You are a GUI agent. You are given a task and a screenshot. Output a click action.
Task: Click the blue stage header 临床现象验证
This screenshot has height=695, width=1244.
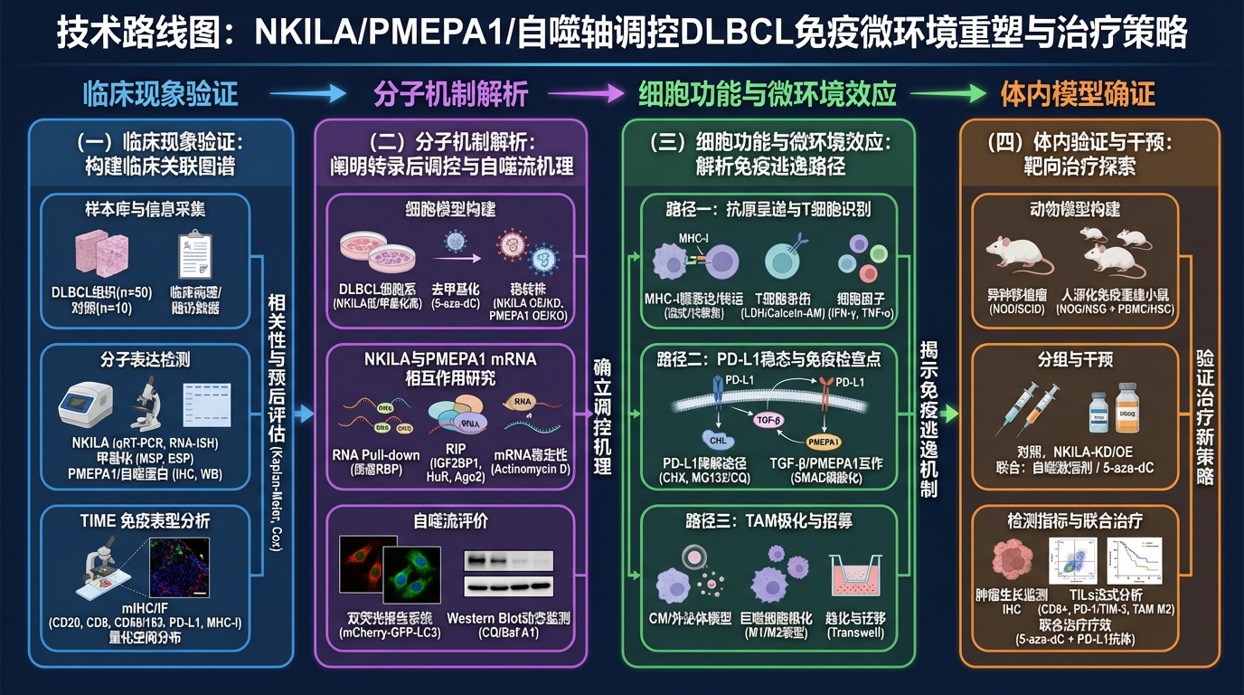click(x=160, y=93)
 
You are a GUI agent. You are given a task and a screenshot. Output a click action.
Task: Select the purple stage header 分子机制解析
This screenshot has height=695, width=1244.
click(x=450, y=93)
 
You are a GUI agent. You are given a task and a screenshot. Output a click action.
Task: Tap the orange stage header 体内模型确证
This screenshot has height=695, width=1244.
click(x=1078, y=93)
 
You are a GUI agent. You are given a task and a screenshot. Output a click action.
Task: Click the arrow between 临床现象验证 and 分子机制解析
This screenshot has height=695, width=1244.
click(x=307, y=93)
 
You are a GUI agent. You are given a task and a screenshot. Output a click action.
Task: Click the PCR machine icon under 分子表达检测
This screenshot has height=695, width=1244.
click(x=86, y=404)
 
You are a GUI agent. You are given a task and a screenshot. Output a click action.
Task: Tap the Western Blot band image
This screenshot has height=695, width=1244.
click(x=509, y=572)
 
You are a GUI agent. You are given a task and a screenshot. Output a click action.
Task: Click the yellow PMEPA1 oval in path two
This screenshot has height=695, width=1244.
click(x=830, y=442)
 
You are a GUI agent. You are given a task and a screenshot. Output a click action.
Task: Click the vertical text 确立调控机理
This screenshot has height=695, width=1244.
click(x=601, y=416)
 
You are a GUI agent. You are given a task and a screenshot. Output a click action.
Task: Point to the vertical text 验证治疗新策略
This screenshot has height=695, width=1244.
click(x=1203, y=416)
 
